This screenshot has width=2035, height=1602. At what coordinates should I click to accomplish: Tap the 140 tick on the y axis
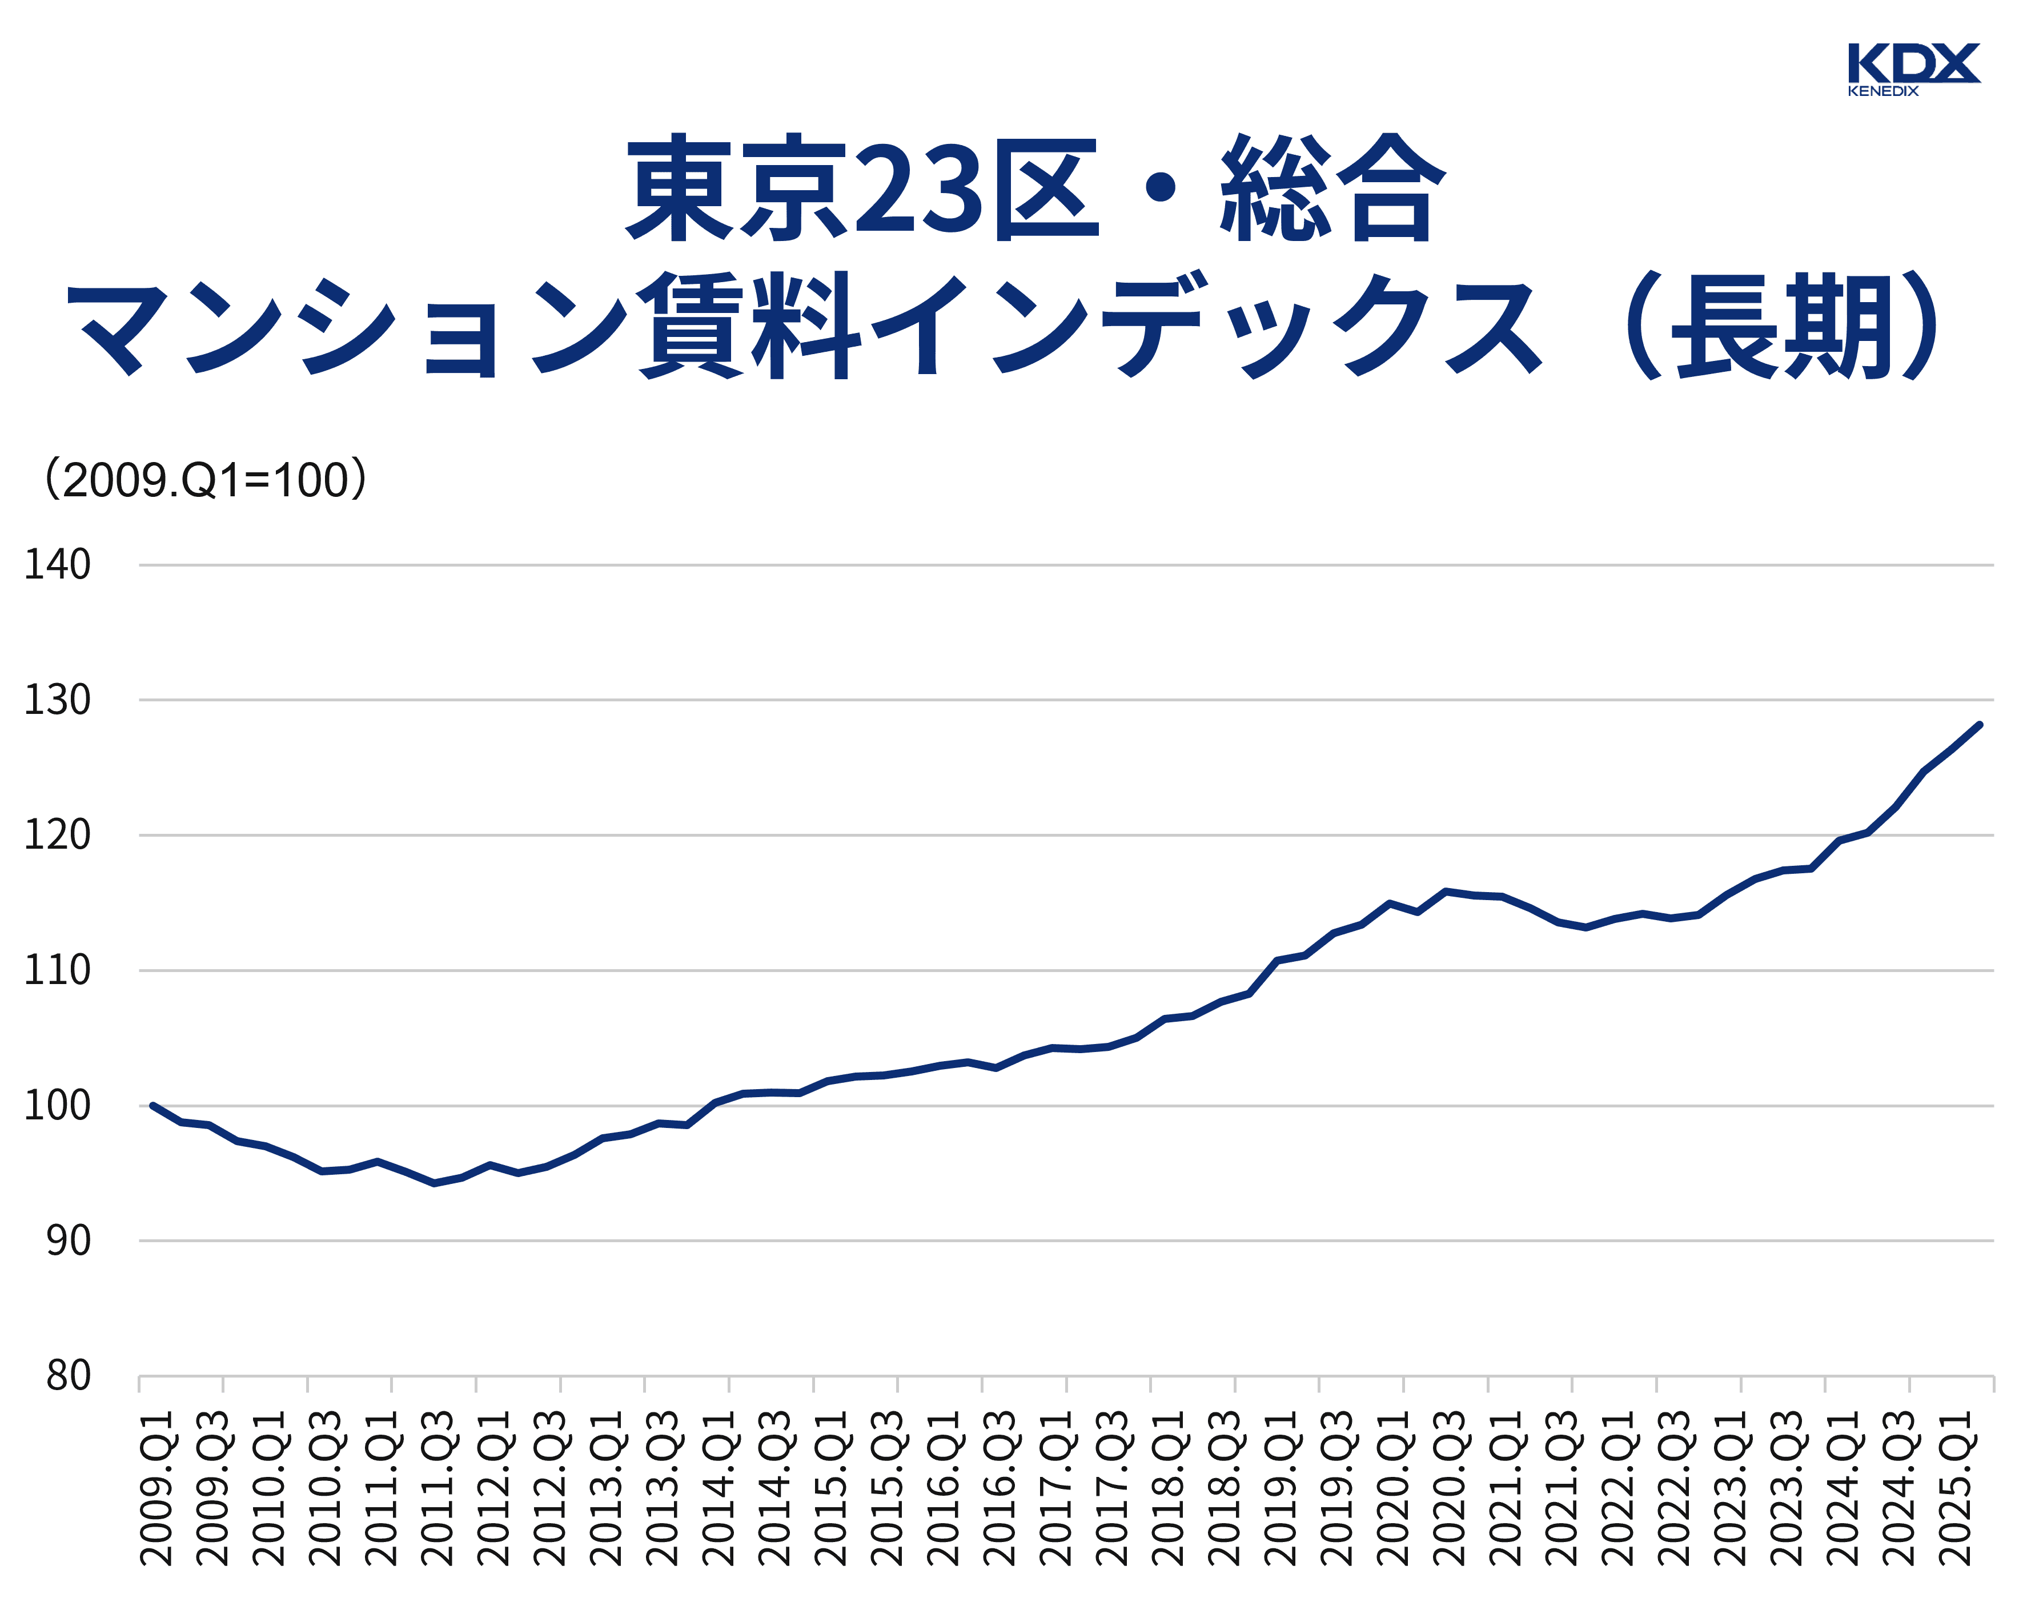pyautogui.click(x=57, y=565)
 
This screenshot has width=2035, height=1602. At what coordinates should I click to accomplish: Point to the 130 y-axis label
pyautogui.click(x=57, y=700)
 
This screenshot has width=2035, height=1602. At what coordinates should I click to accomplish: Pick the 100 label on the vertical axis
pyautogui.click(x=57, y=1106)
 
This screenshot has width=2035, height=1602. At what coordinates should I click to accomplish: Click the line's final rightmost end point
pyautogui.click(x=1978, y=725)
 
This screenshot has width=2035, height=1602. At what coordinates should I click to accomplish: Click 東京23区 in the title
pyautogui.click(x=863, y=187)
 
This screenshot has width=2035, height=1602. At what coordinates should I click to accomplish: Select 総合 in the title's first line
pyautogui.click(x=1332, y=187)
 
